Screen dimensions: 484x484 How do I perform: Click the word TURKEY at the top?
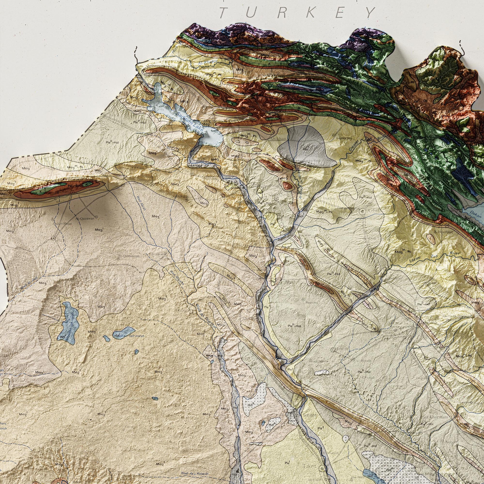click(297, 13)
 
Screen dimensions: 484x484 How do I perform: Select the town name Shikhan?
click(276, 138)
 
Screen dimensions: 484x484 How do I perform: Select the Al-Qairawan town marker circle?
click(96, 217)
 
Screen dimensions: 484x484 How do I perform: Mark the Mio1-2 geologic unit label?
click(6, 194)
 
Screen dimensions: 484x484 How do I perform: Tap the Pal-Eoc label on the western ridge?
click(73, 186)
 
